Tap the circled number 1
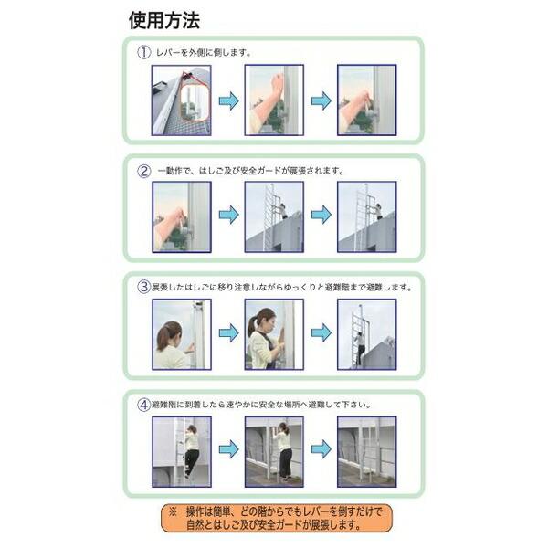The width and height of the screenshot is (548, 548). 143,53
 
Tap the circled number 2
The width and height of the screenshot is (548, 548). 143,171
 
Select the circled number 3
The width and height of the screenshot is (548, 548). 143,287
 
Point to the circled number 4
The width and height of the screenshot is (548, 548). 143,403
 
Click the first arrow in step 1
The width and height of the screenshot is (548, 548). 228,100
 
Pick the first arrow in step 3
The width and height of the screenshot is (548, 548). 228,333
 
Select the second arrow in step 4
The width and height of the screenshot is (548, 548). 321,450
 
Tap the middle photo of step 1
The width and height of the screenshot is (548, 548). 273,100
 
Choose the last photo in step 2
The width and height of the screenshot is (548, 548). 366,216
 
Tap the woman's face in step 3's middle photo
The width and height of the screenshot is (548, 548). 267,321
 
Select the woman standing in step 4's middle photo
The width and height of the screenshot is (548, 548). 284,450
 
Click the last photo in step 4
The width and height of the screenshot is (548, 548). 366,450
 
